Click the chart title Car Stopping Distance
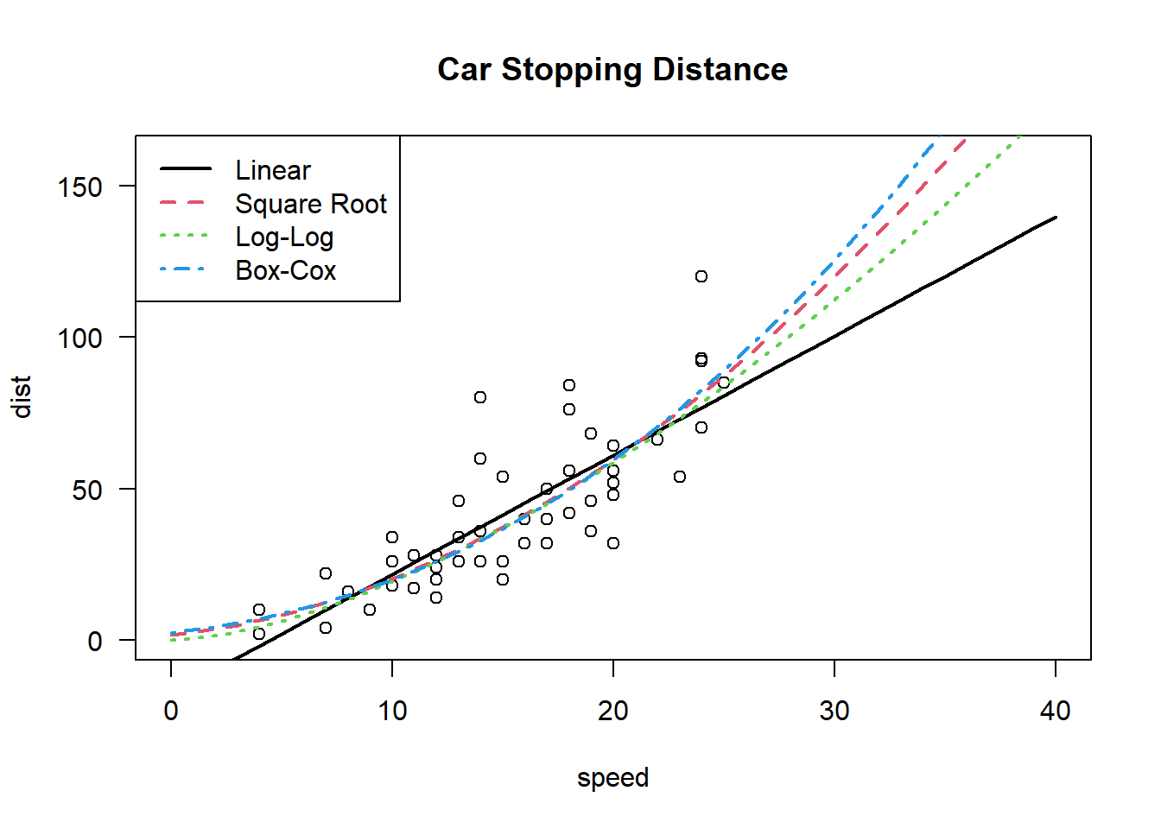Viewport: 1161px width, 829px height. (x=612, y=70)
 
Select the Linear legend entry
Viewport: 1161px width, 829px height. (x=272, y=170)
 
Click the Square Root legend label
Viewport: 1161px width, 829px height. (x=311, y=204)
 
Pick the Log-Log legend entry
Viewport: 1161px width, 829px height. (x=284, y=237)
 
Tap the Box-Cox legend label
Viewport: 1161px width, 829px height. (x=285, y=270)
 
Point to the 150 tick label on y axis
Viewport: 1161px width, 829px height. (x=79, y=187)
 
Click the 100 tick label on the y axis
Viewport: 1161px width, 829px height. (x=79, y=338)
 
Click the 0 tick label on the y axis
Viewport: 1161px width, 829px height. (x=95, y=642)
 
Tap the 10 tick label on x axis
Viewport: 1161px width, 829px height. (x=392, y=711)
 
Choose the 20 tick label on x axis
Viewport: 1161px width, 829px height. (x=613, y=711)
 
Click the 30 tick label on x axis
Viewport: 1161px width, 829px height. (x=834, y=711)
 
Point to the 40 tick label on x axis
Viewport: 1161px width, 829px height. (x=1056, y=711)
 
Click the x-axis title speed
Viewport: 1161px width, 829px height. (x=612, y=777)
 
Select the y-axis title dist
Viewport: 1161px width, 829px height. (x=22, y=397)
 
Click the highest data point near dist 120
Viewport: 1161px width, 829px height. (x=701, y=276)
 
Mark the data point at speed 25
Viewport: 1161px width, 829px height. (x=724, y=383)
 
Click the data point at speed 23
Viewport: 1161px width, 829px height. (x=680, y=477)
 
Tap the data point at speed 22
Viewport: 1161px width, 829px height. (x=657, y=440)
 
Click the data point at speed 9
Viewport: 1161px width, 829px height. (x=370, y=610)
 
